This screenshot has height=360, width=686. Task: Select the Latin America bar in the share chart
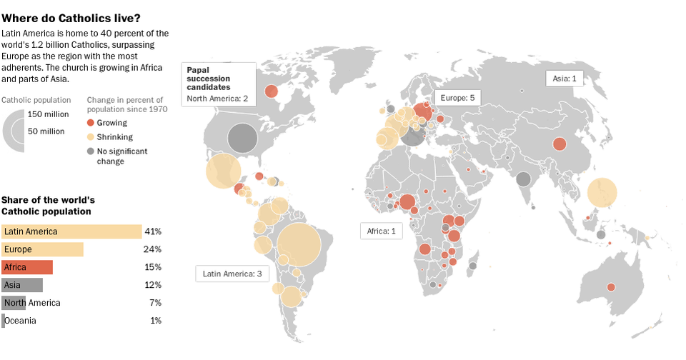71,231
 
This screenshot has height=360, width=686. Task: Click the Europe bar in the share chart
42,249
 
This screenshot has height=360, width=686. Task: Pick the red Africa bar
27,267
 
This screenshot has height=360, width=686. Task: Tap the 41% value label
153,231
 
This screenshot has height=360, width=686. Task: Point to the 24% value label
153,249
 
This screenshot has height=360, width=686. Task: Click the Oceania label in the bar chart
21,321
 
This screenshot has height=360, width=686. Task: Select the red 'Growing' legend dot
90,123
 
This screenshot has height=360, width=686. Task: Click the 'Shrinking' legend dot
90,136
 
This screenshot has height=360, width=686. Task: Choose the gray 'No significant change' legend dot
90,151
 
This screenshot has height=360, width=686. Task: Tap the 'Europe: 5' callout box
457,97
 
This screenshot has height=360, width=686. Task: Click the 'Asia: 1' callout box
565,78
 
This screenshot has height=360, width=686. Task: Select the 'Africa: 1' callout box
381,231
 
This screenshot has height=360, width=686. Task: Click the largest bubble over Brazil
299,245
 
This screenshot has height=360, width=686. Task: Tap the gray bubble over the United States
242,138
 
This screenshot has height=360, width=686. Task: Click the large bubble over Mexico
223,171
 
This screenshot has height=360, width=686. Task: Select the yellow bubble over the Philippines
602,192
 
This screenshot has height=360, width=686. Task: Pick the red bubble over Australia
611,287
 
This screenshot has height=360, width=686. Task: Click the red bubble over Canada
272,91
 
